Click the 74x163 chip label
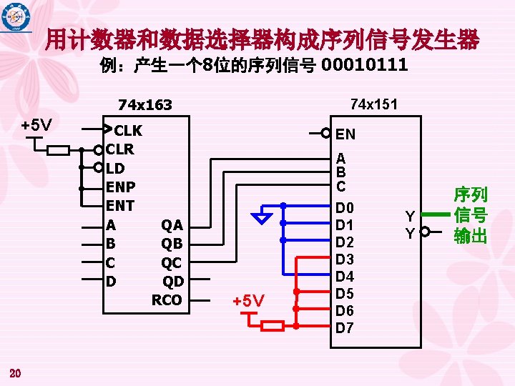coord(145,105)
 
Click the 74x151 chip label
coord(374,104)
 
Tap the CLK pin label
coord(128,131)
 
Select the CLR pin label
coord(119,150)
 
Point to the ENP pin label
coord(120,187)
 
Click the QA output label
coord(172,226)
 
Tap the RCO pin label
coord(167,300)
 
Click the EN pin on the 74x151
coord(345,134)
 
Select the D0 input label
coord(345,208)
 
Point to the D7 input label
coord(345,328)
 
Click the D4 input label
coord(345,277)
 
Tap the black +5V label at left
coord(36,126)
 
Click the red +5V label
coord(248,300)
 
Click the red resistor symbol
coord(273,327)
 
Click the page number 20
coord(16,372)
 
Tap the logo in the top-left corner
coord(16,17)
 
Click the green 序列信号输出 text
coord(470,215)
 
